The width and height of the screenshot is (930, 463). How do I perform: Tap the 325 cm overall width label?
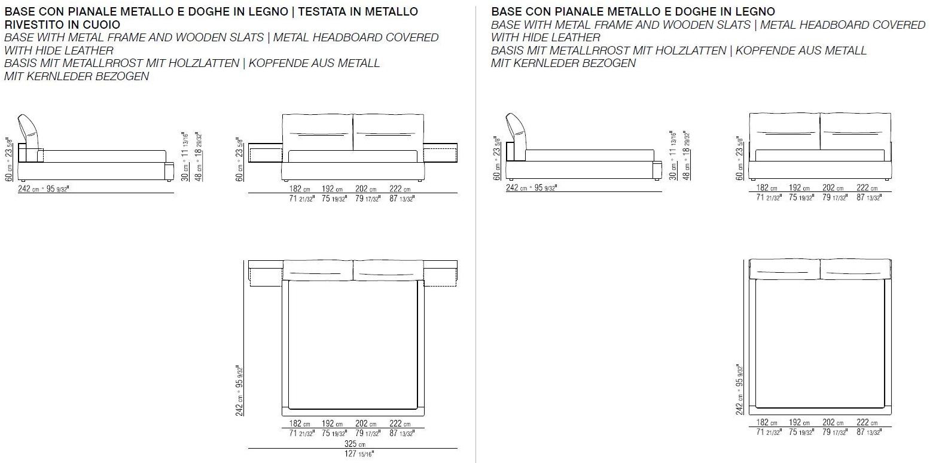click(352, 444)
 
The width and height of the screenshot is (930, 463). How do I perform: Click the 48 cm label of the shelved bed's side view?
click(200, 164)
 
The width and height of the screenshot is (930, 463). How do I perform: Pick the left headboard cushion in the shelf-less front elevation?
click(784, 132)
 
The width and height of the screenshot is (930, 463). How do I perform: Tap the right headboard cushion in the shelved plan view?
click(388, 270)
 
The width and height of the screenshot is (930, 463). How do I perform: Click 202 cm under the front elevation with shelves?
click(367, 189)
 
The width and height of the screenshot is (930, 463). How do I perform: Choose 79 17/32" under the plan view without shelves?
click(835, 432)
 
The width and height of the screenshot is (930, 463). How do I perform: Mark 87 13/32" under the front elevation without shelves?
click(869, 198)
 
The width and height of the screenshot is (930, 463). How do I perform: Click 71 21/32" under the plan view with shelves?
click(301, 434)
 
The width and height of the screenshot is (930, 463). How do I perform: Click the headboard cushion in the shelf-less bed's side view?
click(516, 129)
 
